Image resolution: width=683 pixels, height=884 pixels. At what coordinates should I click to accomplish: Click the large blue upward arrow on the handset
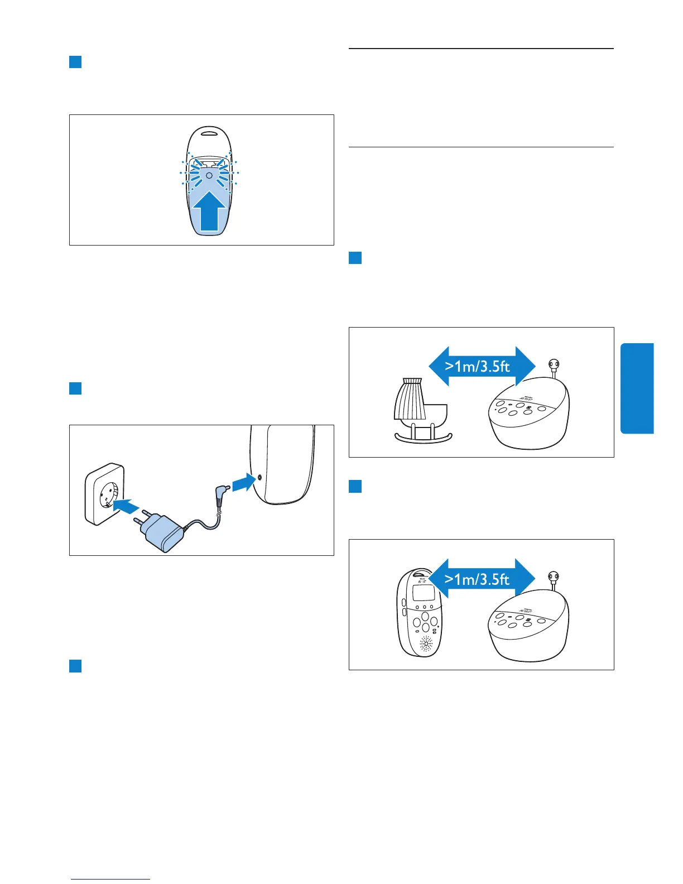point(209,214)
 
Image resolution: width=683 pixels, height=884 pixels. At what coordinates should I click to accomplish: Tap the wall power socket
point(104,493)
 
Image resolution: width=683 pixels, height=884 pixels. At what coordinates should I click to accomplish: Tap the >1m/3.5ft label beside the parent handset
point(478,579)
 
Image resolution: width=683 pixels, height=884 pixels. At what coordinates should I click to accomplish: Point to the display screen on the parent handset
point(424,593)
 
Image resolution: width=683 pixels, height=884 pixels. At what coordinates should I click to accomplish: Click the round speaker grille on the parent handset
point(426,645)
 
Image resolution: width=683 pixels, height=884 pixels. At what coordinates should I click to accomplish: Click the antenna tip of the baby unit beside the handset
point(554,577)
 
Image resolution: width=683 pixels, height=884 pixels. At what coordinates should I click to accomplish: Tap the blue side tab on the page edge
point(637,388)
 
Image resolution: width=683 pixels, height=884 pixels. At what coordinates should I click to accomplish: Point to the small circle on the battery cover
point(209,175)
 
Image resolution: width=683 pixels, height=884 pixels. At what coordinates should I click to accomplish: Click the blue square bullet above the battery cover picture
point(75,61)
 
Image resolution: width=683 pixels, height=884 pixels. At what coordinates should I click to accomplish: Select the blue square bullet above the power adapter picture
point(75,388)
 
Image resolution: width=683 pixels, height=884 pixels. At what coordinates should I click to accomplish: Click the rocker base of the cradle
point(423,439)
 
